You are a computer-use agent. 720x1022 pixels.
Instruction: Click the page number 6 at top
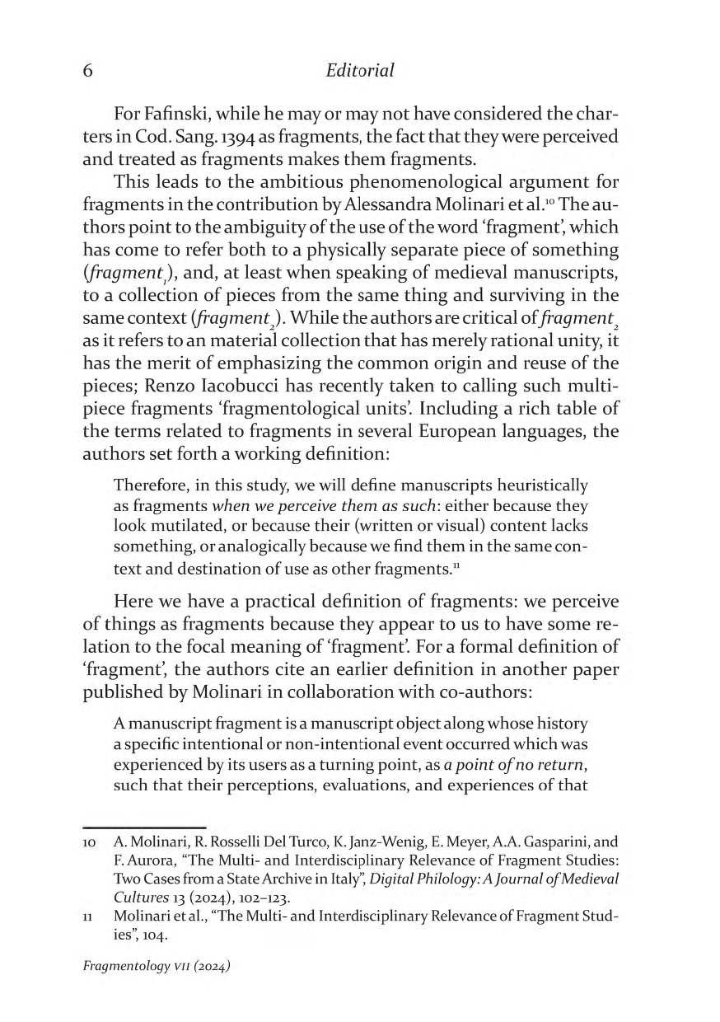coord(87,71)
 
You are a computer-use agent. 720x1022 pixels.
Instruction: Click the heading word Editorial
coord(360,71)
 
